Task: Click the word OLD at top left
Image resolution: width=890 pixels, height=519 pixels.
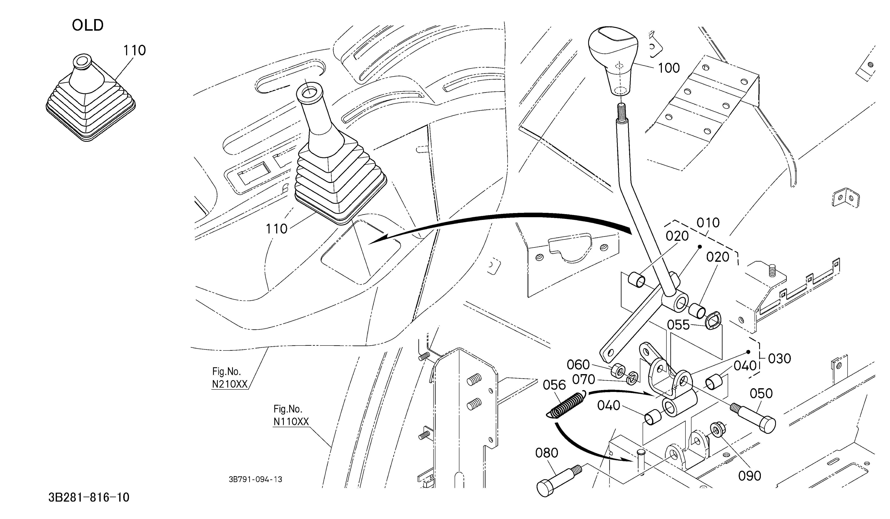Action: point(88,25)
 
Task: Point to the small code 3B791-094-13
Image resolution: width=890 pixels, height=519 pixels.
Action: point(255,479)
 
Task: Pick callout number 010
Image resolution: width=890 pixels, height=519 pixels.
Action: point(708,223)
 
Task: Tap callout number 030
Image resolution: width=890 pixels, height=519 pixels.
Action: point(779,359)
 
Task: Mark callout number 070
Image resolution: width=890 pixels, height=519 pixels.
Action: point(583,380)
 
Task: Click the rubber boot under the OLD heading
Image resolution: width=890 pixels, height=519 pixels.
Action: point(90,98)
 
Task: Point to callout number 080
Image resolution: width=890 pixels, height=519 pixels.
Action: point(547,453)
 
